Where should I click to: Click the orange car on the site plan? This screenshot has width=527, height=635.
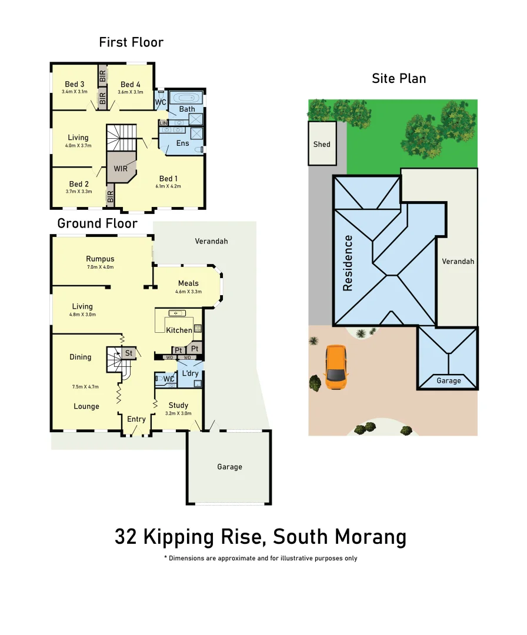tap(336, 367)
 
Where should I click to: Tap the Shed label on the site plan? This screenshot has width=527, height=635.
tap(322, 144)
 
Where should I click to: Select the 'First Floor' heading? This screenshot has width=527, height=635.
tap(131, 42)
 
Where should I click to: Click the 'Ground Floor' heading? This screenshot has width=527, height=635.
tap(97, 223)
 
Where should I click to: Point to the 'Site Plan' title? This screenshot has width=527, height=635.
tap(399, 79)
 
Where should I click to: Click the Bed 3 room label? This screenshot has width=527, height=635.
tap(75, 85)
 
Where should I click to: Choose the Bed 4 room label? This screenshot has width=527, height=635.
tap(130, 85)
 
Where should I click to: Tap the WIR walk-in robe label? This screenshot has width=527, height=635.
tap(121, 169)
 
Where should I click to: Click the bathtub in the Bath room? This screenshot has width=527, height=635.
tap(185, 98)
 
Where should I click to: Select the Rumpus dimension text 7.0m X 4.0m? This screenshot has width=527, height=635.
tap(100, 268)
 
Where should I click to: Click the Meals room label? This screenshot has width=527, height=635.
tap(188, 283)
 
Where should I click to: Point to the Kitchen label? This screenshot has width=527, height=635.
tap(179, 330)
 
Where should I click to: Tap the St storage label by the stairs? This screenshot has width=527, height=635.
tap(129, 353)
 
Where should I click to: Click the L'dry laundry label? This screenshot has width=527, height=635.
tap(190, 373)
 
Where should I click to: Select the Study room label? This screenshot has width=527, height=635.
tap(178, 405)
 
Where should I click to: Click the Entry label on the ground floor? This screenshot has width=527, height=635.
tap(136, 419)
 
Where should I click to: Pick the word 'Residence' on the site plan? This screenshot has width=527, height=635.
tap(348, 263)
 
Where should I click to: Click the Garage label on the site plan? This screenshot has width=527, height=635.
tap(449, 381)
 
